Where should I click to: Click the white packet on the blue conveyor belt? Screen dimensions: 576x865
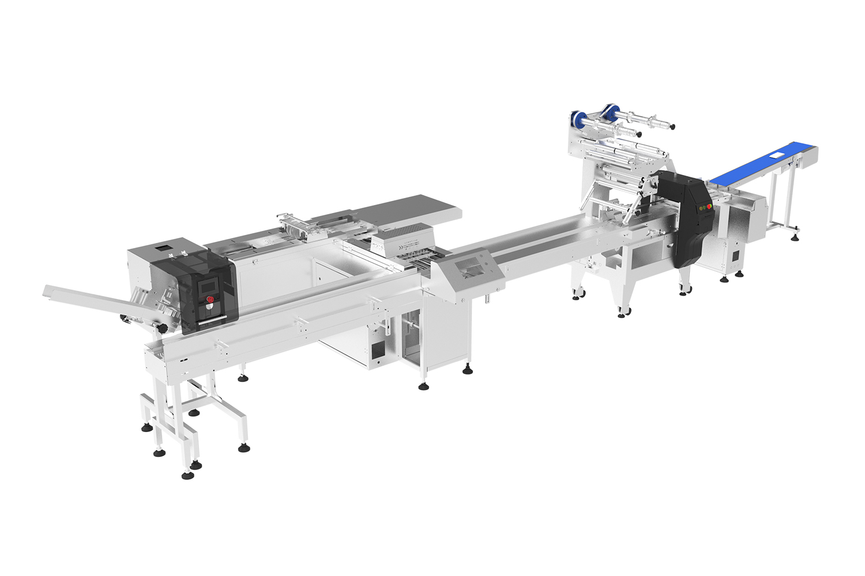pyautogui.click(x=777, y=155)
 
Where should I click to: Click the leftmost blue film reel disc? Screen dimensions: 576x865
pyautogui.click(x=574, y=118)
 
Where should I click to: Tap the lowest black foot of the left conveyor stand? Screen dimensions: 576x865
pyautogui.click(x=188, y=475)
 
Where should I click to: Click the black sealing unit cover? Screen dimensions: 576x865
pyautogui.click(x=683, y=219)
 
